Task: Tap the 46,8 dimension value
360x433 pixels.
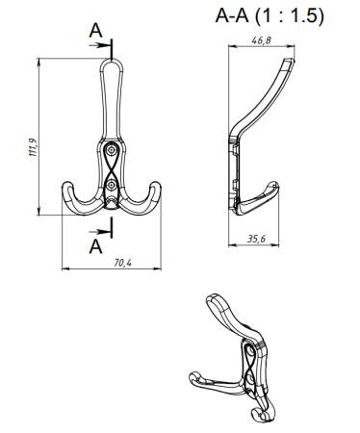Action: click(259, 41)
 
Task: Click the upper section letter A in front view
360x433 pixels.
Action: click(95, 32)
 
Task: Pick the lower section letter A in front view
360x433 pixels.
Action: click(95, 245)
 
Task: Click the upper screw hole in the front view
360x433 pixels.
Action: click(113, 151)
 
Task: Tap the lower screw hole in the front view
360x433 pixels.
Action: click(113, 182)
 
